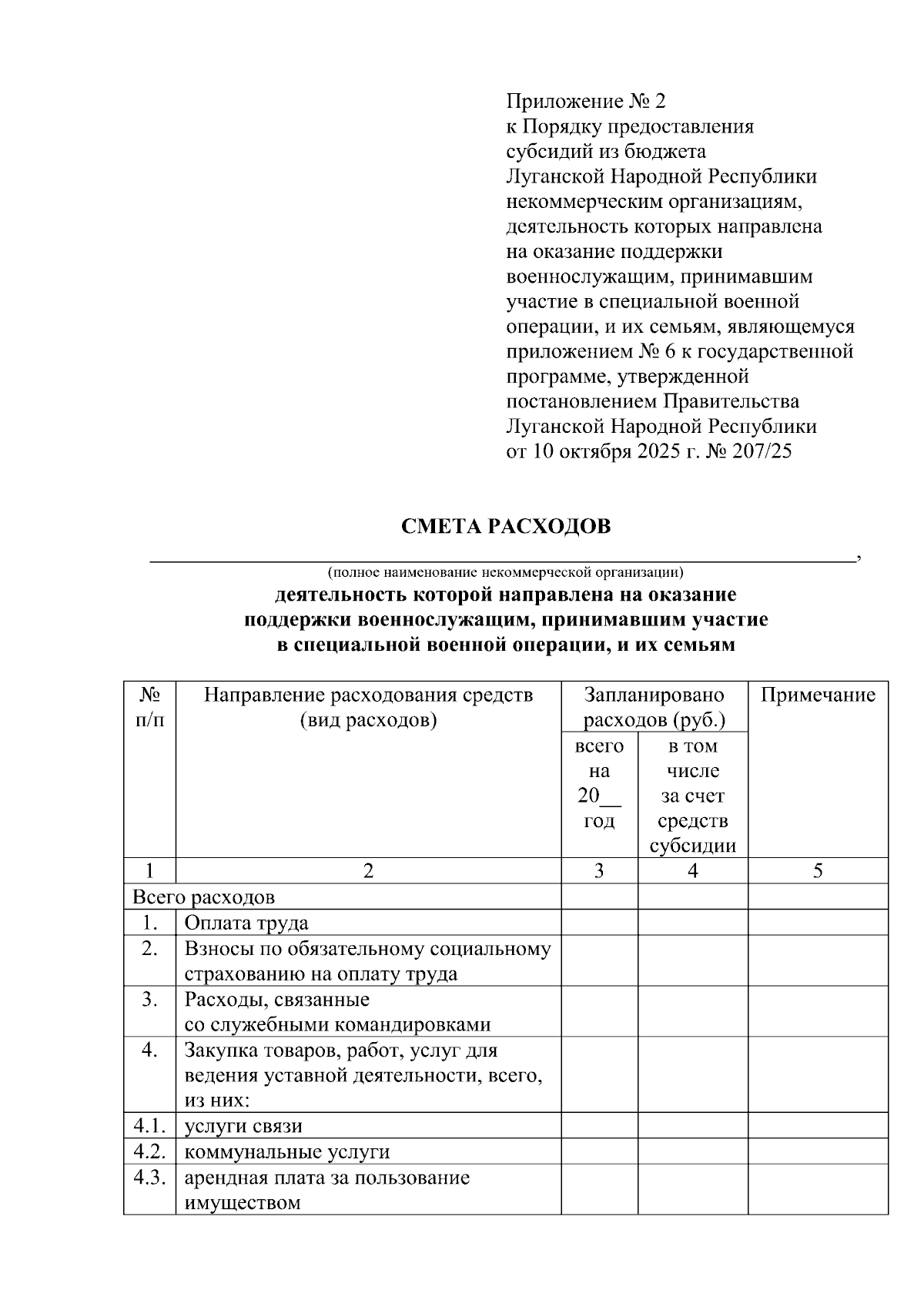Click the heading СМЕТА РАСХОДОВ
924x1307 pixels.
coord(506,526)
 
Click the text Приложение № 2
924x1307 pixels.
coord(585,101)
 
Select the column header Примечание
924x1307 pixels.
coord(818,695)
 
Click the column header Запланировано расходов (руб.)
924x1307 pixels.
coord(654,708)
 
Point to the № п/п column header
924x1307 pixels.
coord(149,708)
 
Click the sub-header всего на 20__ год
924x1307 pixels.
coord(599,783)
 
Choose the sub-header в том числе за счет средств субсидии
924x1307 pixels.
coord(692,796)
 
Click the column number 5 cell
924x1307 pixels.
coord(818,871)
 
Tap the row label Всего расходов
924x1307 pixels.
coord(204,897)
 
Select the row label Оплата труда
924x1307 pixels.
coord(246,923)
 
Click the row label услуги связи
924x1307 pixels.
coord(243,1126)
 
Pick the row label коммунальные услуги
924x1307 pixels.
coord(286,1152)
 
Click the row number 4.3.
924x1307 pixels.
coord(149,1178)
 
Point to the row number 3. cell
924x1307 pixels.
coord(149,1000)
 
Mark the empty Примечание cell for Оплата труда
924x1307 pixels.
coord(818,923)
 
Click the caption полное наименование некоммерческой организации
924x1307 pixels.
coord(505,572)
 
